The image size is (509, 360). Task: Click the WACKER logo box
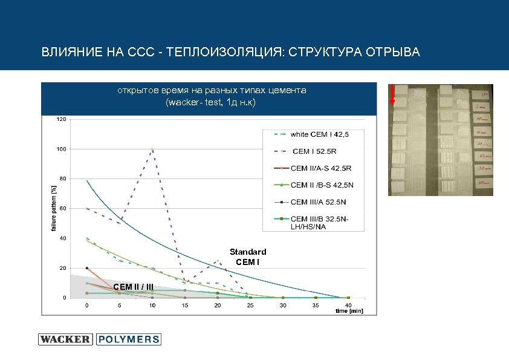click(65, 339)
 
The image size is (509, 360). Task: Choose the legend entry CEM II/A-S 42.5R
click(321, 168)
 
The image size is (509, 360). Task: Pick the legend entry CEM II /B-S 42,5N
click(321, 185)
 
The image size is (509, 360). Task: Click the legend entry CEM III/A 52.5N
click(320, 202)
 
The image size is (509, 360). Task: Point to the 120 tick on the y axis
click(62, 119)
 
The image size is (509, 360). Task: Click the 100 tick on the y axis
click(62, 149)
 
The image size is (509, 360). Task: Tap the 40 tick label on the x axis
click(348, 306)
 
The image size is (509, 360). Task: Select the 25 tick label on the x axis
click(250, 306)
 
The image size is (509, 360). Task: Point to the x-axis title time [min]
click(350, 311)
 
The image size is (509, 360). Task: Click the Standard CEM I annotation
click(248, 256)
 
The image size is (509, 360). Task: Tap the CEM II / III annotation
click(133, 286)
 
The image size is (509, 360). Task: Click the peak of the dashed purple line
click(152, 149)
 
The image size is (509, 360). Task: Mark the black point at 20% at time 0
click(87, 268)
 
